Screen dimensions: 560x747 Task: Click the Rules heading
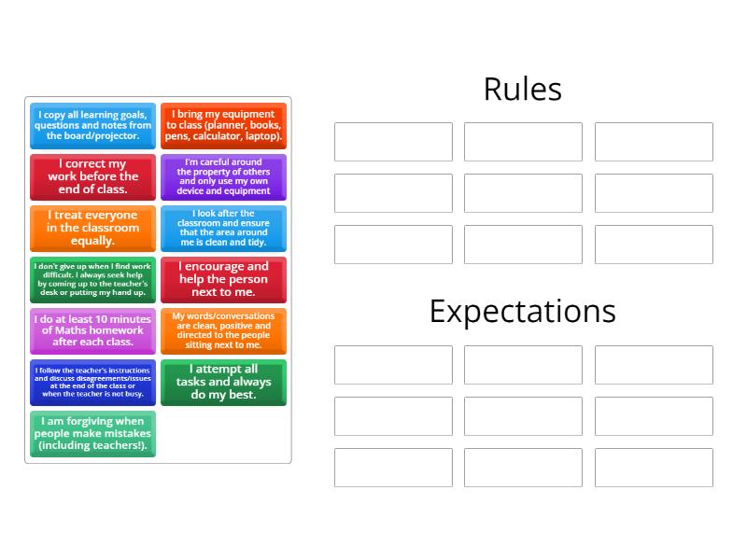click(x=522, y=90)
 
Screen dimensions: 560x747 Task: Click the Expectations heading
click(x=522, y=312)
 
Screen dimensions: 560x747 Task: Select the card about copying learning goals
click(x=92, y=126)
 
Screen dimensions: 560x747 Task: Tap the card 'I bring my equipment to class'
click(x=223, y=126)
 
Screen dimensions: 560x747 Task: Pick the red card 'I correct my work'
click(x=92, y=176)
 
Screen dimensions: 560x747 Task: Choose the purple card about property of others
click(x=223, y=176)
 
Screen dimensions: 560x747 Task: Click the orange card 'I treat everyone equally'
click(x=92, y=228)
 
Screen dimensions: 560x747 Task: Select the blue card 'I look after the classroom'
click(x=223, y=228)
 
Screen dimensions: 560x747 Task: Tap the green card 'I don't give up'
click(x=92, y=279)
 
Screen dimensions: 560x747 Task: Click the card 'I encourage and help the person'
click(x=223, y=279)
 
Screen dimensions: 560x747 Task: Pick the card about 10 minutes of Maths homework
click(x=92, y=330)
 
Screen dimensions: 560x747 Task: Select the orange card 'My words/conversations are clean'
click(x=223, y=330)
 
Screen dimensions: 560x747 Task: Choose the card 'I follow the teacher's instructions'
click(x=92, y=382)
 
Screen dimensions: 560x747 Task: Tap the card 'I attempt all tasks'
click(x=223, y=382)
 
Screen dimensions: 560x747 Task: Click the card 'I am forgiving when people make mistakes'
click(x=92, y=433)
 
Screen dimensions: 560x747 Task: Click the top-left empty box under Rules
click(x=393, y=142)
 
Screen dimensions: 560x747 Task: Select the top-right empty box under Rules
click(x=654, y=142)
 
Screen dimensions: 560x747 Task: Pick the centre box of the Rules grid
click(x=523, y=193)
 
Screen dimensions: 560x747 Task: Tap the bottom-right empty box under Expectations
click(x=654, y=468)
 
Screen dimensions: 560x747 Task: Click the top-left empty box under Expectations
click(x=393, y=365)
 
